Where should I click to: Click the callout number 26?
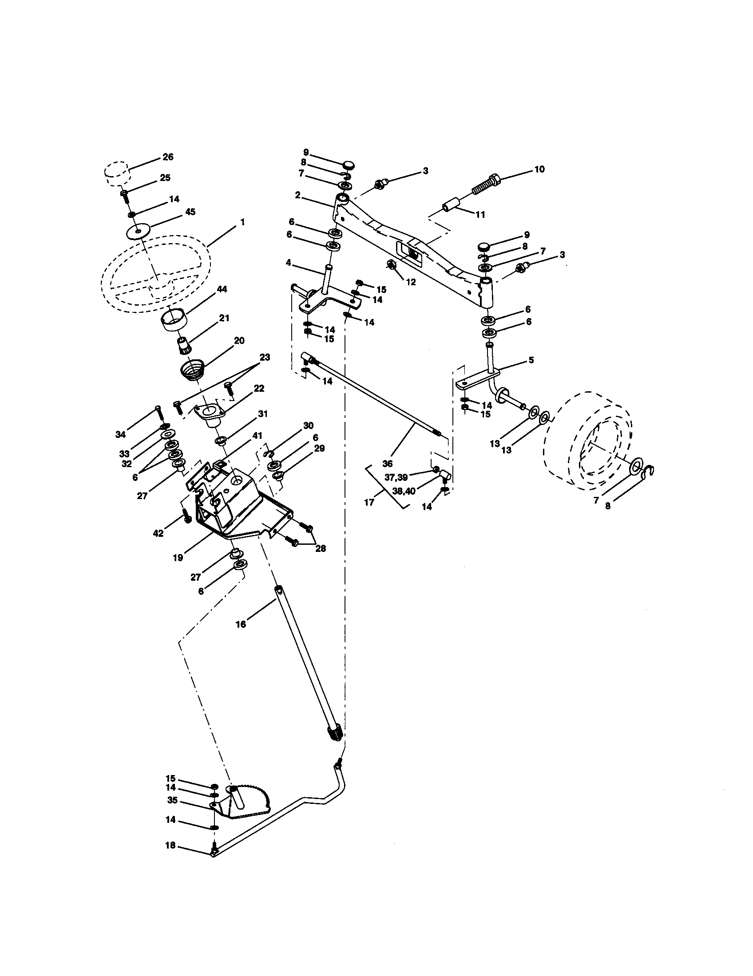pos(168,157)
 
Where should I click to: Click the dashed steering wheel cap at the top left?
pos(117,173)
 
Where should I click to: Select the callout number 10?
pos(539,169)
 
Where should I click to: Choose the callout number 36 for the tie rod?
pos(387,464)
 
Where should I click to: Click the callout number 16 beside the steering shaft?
pos(241,624)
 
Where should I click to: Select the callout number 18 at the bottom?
pos(170,846)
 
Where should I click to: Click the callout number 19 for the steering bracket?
pos(178,558)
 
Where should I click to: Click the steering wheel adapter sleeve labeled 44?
pos(173,321)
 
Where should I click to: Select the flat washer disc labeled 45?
pos(138,232)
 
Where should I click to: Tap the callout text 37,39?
pos(396,477)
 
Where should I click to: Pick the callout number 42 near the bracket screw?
pos(159,533)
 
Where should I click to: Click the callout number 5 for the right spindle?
pos(531,360)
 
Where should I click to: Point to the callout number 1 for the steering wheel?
pos(242,222)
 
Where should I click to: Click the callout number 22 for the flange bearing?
pos(259,388)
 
